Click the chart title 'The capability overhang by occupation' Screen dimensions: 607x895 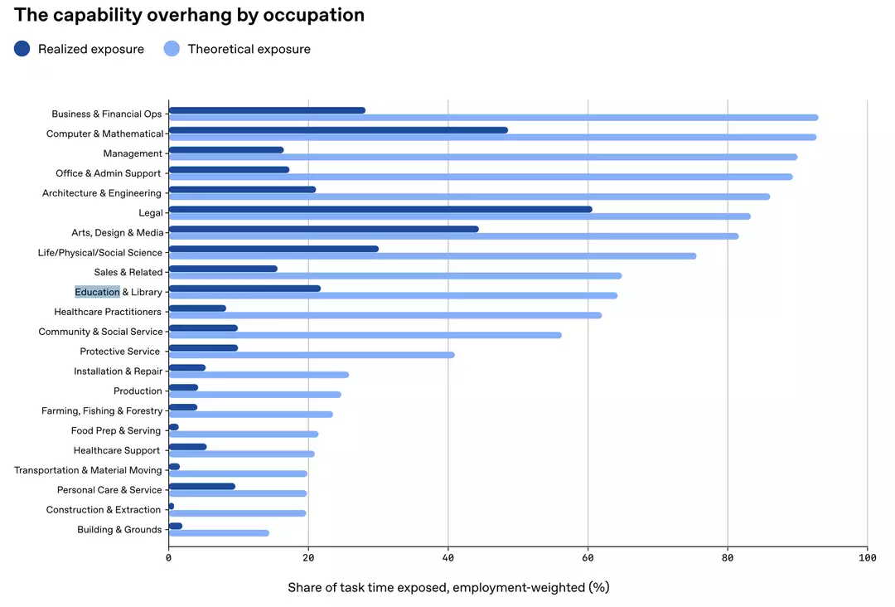[189, 15]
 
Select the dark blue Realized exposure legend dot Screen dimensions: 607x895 [22, 49]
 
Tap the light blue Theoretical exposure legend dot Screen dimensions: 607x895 [172, 49]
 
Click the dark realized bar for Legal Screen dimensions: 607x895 [380, 209]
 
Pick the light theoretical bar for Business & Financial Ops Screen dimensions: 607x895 [493, 118]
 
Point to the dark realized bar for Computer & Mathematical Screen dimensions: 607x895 [338, 130]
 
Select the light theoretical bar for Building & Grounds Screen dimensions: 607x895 [219, 533]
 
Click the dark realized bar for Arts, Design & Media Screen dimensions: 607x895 [323, 229]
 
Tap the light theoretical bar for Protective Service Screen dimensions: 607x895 [312, 355]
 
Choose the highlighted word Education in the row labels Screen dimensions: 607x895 [97, 292]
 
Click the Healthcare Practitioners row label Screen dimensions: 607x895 [108, 312]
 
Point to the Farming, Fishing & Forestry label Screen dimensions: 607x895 [102, 410]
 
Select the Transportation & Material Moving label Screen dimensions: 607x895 [88, 470]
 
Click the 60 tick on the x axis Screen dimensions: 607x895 [588, 558]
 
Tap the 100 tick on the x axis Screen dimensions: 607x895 [867, 558]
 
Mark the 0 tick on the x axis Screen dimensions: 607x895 [169, 558]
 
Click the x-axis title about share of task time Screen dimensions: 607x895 [448, 588]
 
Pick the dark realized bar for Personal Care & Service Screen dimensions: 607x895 [202, 486]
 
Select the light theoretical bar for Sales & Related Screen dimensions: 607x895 [395, 276]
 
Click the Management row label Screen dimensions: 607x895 [133, 153]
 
